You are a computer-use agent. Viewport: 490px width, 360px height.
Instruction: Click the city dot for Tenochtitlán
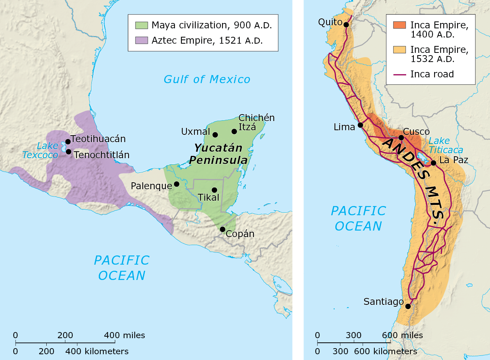click(69, 152)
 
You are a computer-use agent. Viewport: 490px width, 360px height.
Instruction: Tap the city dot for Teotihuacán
click(68, 142)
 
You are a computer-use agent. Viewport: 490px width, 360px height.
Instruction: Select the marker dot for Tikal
click(214, 190)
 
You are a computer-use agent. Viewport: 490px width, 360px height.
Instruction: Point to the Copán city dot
click(222, 229)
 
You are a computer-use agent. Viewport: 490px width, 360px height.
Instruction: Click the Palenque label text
click(151, 186)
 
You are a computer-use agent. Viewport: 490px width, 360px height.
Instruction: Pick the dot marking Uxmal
click(215, 135)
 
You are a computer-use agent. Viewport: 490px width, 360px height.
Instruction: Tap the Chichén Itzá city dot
click(234, 131)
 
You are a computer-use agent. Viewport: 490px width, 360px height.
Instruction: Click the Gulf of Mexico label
click(207, 80)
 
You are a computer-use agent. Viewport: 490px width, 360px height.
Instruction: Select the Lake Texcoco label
click(39, 150)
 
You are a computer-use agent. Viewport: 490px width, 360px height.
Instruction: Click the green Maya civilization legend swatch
click(141, 26)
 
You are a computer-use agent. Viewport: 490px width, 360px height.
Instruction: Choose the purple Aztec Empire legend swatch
click(141, 40)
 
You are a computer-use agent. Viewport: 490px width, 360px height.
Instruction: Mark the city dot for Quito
click(346, 25)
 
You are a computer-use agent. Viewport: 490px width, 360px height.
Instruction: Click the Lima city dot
click(360, 125)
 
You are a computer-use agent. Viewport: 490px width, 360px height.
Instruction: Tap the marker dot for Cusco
click(401, 137)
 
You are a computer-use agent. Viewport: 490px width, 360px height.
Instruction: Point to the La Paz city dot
click(433, 163)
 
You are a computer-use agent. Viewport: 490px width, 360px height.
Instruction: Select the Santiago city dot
click(408, 306)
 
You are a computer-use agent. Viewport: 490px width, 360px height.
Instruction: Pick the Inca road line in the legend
click(399, 74)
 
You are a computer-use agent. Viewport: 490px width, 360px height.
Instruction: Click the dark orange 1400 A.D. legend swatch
click(399, 25)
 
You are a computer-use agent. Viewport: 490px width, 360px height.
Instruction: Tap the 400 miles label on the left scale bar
click(125, 335)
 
